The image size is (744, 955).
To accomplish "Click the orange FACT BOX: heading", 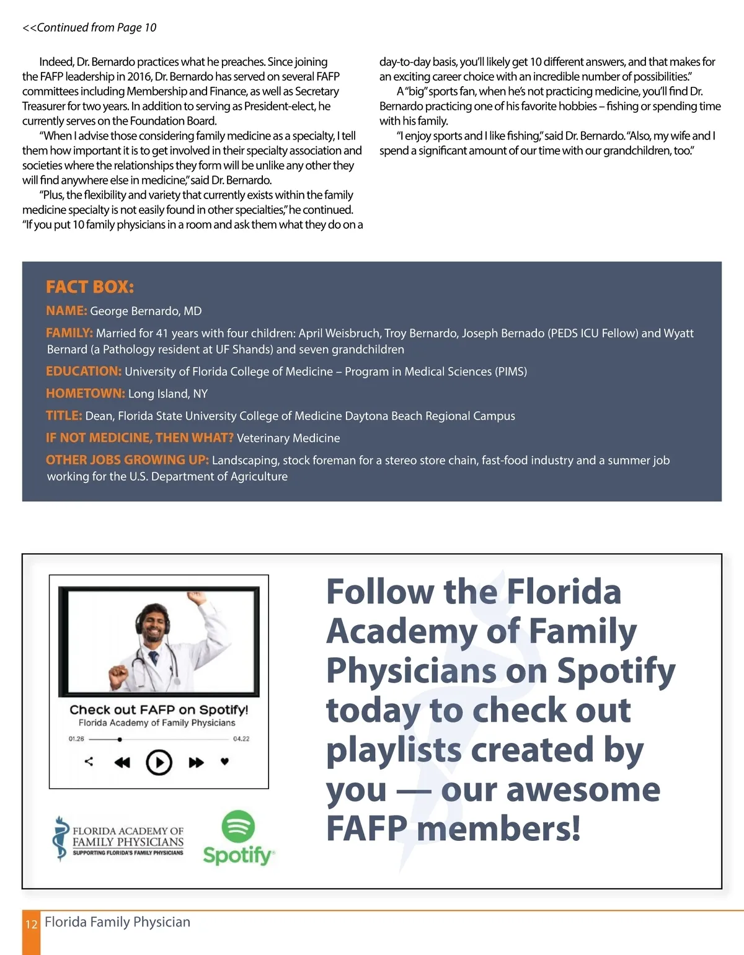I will (90, 287).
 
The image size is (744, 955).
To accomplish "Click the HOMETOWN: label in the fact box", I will (86, 394).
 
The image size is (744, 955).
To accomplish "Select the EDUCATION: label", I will (84, 371).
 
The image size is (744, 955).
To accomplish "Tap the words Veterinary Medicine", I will (288, 438).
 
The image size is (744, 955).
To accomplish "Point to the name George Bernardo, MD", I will (146, 311).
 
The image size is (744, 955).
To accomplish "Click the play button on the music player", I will (159, 762).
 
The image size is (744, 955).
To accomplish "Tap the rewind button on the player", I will (122, 762).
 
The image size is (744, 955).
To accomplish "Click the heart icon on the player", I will (225, 762).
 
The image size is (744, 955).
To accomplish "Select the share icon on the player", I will (89, 762).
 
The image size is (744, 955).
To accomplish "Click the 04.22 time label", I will (241, 739).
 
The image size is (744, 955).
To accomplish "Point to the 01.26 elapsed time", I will (76, 739).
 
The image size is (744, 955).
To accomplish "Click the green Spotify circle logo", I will (238, 827).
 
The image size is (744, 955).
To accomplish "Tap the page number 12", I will (31, 924).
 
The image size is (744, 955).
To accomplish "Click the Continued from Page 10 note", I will (89, 28).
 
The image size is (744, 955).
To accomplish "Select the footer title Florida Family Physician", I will (117, 922).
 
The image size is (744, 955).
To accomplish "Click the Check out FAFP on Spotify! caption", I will (159, 709).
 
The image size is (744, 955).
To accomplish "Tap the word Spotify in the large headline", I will (616, 671).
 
